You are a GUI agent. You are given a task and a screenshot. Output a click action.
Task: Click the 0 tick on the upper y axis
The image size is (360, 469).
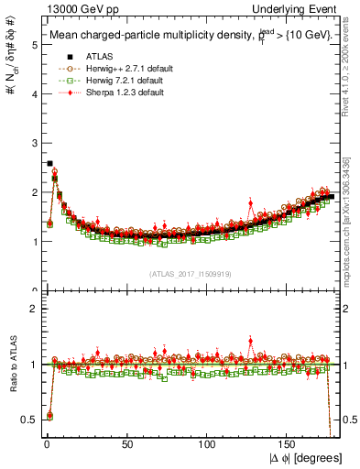click(x=34, y=291)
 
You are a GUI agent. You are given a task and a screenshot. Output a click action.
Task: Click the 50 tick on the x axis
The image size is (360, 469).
click(x=127, y=446)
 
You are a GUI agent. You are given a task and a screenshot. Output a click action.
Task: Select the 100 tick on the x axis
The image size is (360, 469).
click(x=208, y=446)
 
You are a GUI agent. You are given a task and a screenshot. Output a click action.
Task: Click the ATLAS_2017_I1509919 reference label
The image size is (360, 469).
click(x=190, y=274)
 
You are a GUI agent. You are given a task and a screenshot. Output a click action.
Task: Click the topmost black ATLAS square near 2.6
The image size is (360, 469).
click(x=49, y=163)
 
